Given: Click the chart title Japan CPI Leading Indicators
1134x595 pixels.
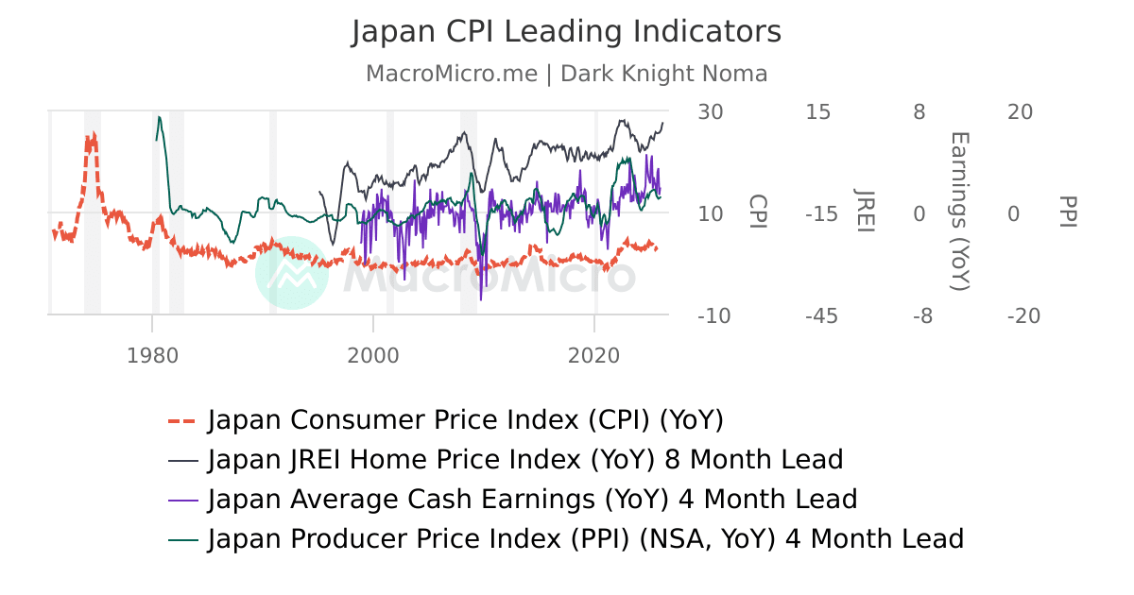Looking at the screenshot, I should [566, 32].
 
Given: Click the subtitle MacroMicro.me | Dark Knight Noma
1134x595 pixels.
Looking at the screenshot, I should [566, 74].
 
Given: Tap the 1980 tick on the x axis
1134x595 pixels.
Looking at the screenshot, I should [152, 355].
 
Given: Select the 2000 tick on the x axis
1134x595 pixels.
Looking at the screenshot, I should [373, 355].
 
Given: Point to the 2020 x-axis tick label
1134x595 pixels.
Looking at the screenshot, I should [594, 355].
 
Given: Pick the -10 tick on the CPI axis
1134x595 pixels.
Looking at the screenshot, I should [713, 315].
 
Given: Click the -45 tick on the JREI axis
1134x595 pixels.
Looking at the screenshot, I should [821, 315].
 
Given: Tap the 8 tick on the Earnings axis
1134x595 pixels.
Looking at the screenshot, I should [919, 112].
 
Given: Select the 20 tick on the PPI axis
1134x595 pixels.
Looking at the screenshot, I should [1020, 112].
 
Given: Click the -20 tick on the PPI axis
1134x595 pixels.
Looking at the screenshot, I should [1023, 315].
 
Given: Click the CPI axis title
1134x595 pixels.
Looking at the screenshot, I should [757, 213].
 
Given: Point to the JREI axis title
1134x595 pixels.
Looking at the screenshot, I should [864, 213].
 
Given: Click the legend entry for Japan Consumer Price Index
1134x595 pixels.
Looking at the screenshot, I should [465, 419].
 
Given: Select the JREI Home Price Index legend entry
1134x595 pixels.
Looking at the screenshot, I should [524, 460].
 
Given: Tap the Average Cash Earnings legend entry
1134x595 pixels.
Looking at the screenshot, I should [532, 499].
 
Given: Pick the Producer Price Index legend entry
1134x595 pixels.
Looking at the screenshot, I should [585, 538].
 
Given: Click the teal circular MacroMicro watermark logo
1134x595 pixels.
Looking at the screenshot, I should [292, 273].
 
